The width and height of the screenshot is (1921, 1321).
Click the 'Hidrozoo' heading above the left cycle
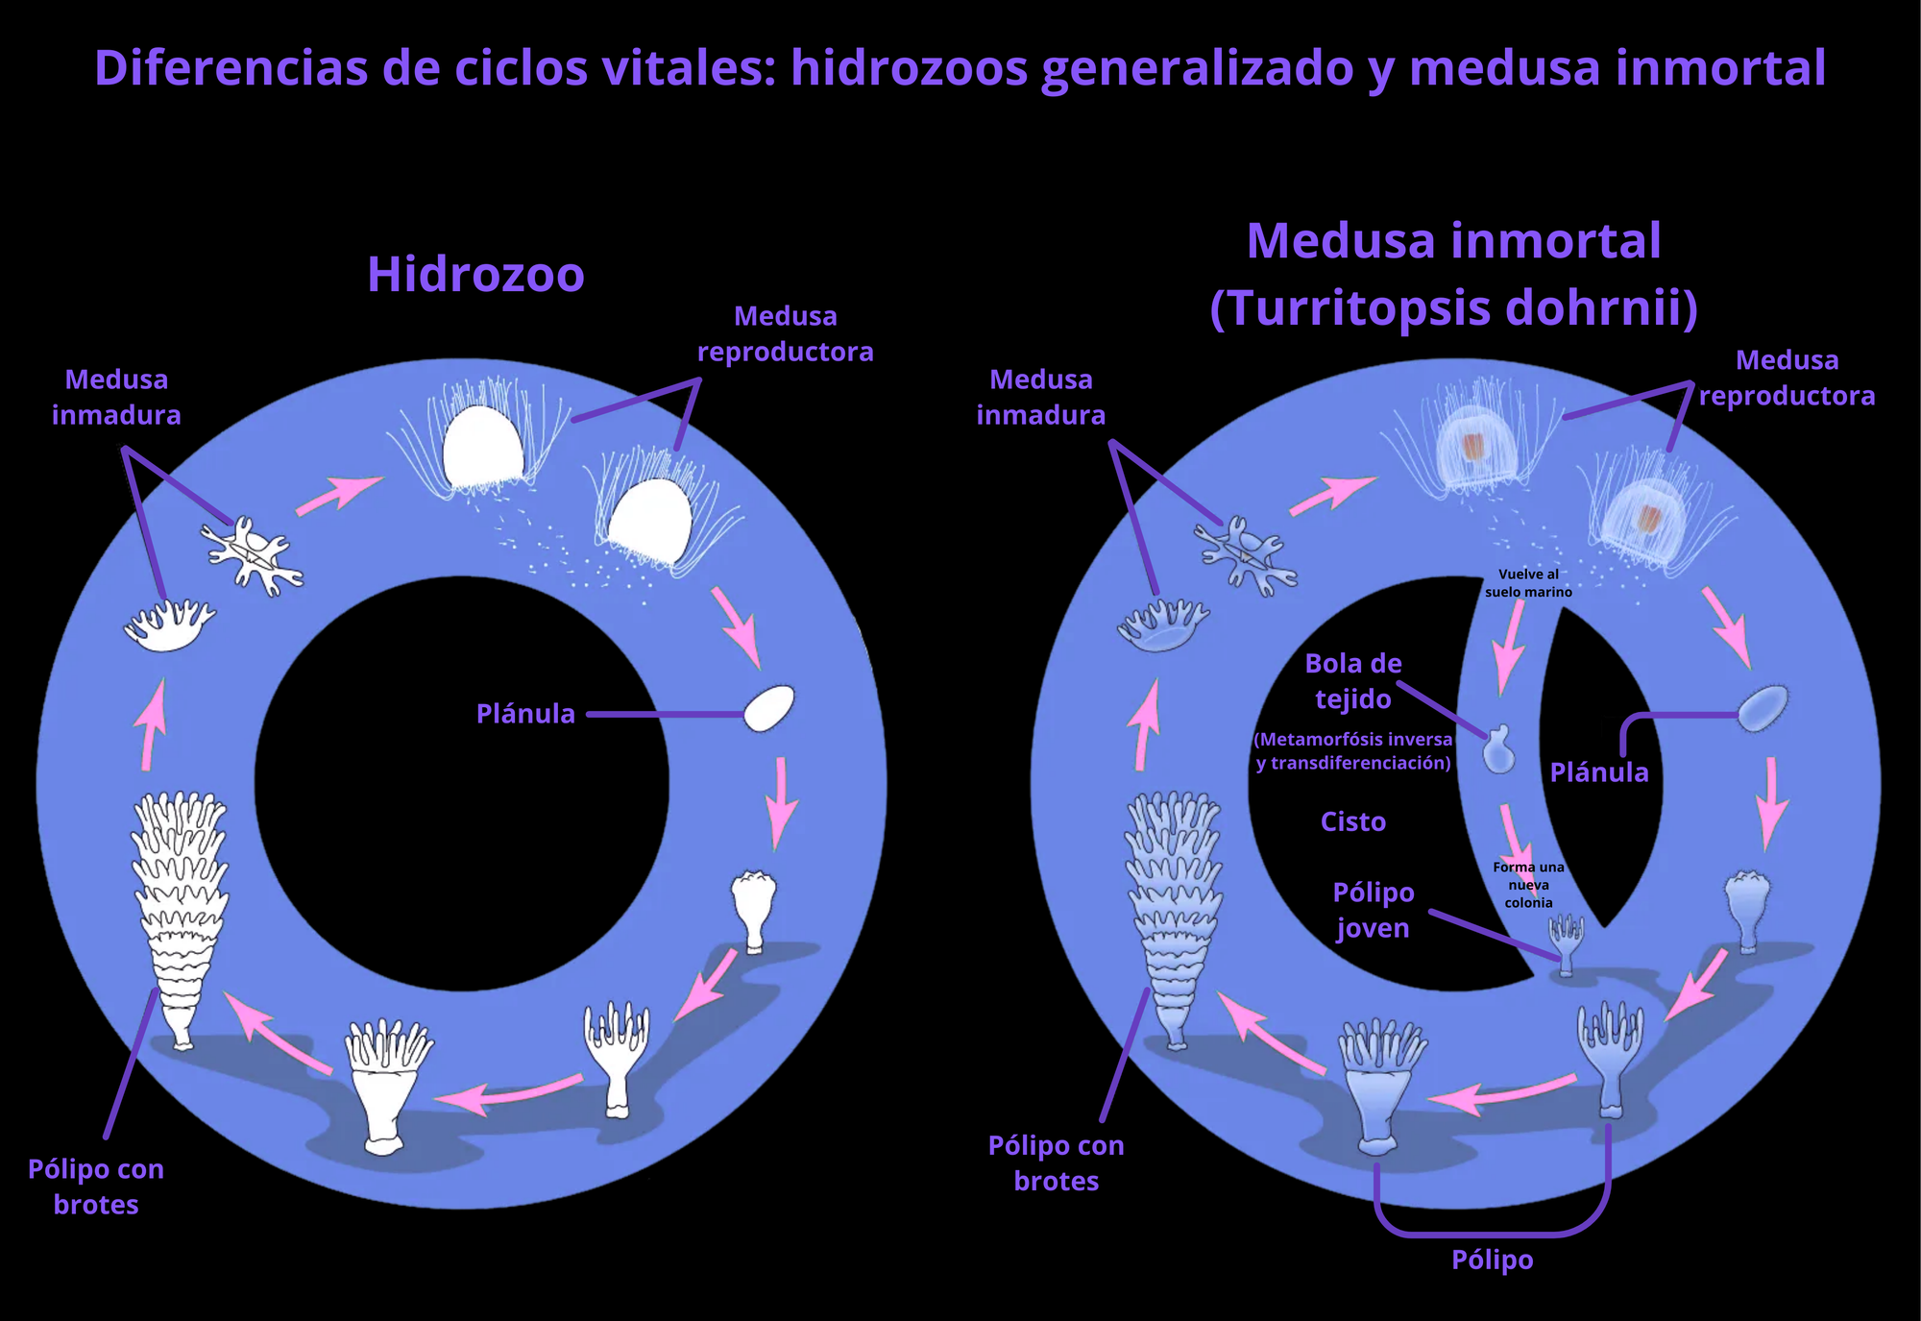point(475,275)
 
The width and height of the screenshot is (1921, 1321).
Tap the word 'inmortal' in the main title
point(1713,67)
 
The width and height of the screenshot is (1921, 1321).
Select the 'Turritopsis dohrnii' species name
point(1453,308)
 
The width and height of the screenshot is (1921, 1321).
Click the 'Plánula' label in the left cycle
point(525,714)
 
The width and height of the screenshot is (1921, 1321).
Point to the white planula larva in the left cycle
point(769,709)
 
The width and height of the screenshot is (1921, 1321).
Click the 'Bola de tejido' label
point(1352,681)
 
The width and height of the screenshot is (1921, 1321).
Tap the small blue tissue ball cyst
point(1498,750)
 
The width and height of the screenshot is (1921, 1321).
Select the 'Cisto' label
point(1352,822)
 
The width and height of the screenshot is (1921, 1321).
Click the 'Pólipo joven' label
point(1373,911)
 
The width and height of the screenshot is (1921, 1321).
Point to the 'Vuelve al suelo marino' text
point(1528,583)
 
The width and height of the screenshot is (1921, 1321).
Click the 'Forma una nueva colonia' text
point(1528,885)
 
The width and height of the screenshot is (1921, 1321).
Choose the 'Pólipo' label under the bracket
point(1492,1260)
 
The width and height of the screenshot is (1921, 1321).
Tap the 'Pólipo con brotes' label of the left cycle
point(96,1186)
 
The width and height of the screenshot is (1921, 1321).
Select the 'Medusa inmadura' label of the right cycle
point(1040,397)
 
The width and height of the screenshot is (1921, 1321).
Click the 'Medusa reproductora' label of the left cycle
point(785,333)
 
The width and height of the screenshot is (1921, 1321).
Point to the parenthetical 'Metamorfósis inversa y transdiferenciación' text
point(1352,751)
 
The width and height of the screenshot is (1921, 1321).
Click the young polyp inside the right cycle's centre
point(1566,942)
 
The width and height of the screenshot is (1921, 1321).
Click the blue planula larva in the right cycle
point(1763,709)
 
